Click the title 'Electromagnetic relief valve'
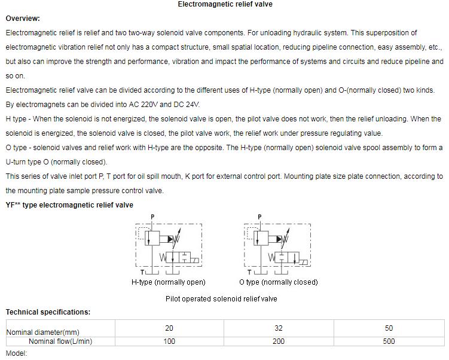[x=225, y=4]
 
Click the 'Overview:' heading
[x=23, y=19]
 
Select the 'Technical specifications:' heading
[x=48, y=312]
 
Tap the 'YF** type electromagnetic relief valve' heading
[x=69, y=205]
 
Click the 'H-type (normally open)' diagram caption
[x=168, y=282]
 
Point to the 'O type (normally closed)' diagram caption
[x=278, y=282]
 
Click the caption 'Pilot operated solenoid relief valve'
[x=221, y=299]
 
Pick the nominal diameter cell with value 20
[x=169, y=328]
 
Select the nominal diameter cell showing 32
[x=279, y=328]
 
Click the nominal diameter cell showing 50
[x=389, y=328]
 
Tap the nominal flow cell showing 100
[x=169, y=341]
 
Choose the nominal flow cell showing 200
[x=279, y=341]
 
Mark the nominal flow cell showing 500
[x=389, y=341]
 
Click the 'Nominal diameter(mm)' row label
[x=42, y=332]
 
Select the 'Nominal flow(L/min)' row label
[x=60, y=341]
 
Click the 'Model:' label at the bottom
[x=17, y=353]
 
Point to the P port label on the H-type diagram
[x=152, y=217]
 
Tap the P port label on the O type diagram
[x=259, y=217]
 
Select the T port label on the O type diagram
[x=250, y=272]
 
